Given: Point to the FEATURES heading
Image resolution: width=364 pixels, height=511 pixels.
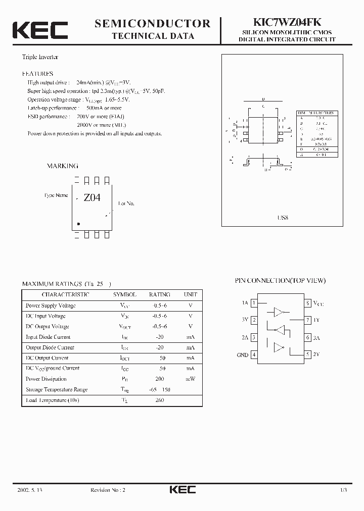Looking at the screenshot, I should pyautogui.click(x=38, y=73).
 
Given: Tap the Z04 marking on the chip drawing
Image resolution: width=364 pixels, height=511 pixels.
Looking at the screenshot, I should pyautogui.click(x=92, y=198).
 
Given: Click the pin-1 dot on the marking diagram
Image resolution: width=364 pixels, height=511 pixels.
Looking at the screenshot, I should pyautogui.click(x=78, y=224).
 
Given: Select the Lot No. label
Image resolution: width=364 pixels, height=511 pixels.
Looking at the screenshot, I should pyautogui.click(x=126, y=203).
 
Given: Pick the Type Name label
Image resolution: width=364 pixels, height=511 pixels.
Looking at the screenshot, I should pyautogui.click(x=56, y=195).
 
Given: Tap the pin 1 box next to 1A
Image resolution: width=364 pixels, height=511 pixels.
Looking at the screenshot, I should pyautogui.click(x=254, y=303).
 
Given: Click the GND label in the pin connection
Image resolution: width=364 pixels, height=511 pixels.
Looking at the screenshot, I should pyautogui.click(x=243, y=355).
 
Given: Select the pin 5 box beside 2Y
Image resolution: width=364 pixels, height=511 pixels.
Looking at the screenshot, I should pyautogui.click(x=307, y=354).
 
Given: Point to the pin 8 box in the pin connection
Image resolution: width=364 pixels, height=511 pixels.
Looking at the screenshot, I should pyautogui.click(x=307, y=303).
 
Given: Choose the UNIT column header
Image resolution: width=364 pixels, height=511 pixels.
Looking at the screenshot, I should pyautogui.click(x=191, y=294).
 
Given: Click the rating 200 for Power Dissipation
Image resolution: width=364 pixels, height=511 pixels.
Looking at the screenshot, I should pyautogui.click(x=160, y=379).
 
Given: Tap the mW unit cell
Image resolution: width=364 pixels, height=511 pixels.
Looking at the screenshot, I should pyautogui.click(x=191, y=379).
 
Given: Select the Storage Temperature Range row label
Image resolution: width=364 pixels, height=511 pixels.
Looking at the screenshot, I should pyautogui.click(x=57, y=389).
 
